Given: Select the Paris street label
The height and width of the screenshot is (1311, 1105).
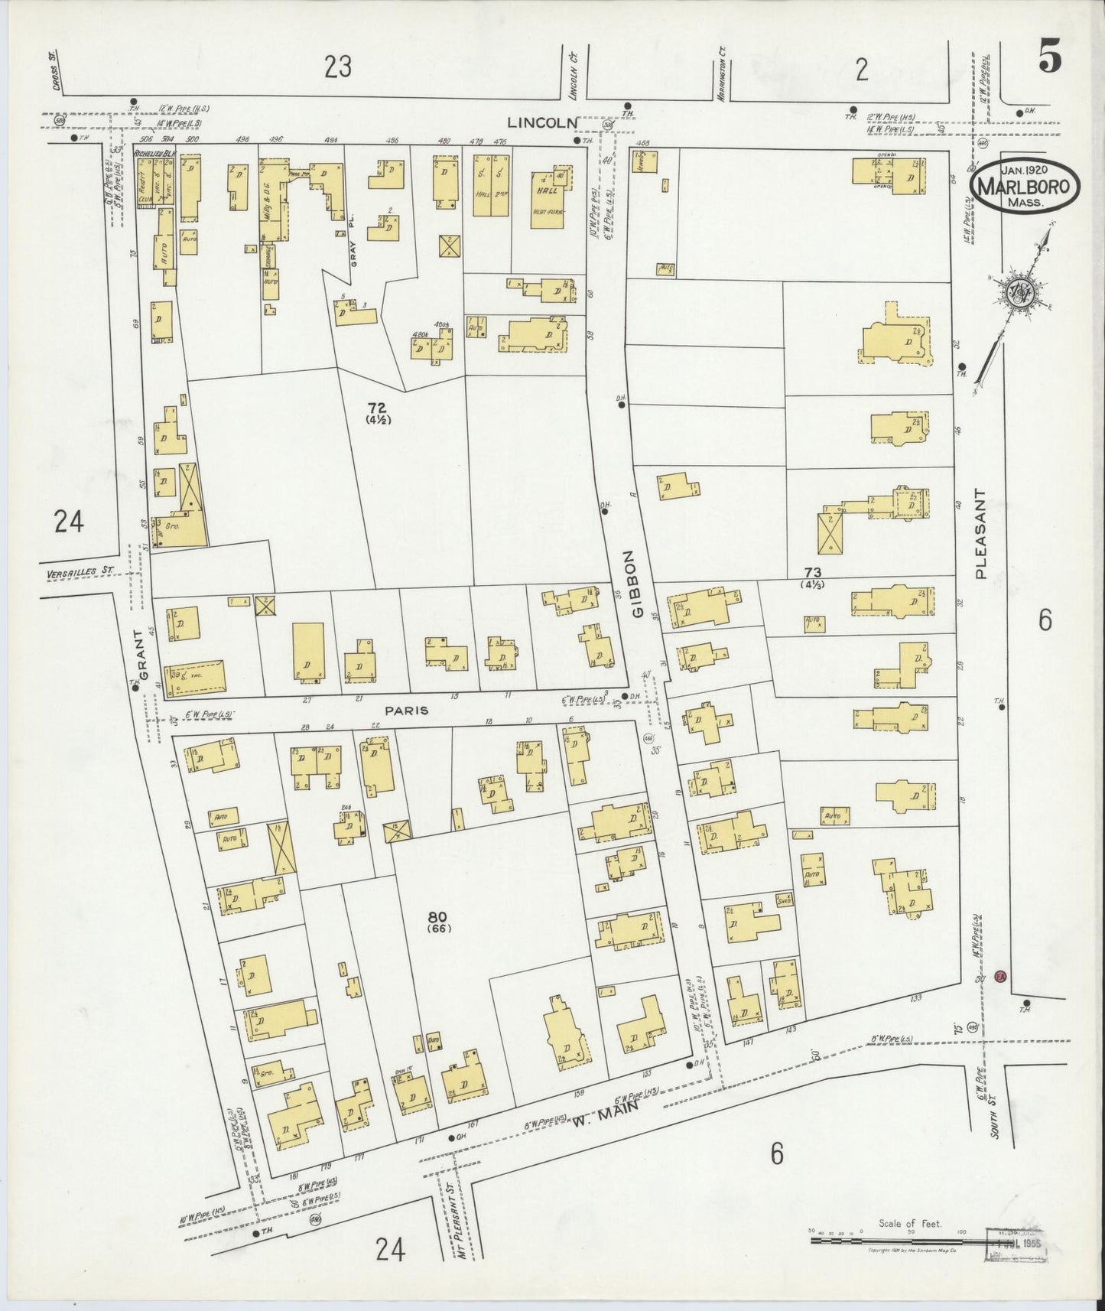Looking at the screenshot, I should tap(406, 711).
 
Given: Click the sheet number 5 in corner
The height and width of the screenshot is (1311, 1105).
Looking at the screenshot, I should tap(1050, 60).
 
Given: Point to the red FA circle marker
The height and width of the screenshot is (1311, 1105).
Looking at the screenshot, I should tap(999, 977).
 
